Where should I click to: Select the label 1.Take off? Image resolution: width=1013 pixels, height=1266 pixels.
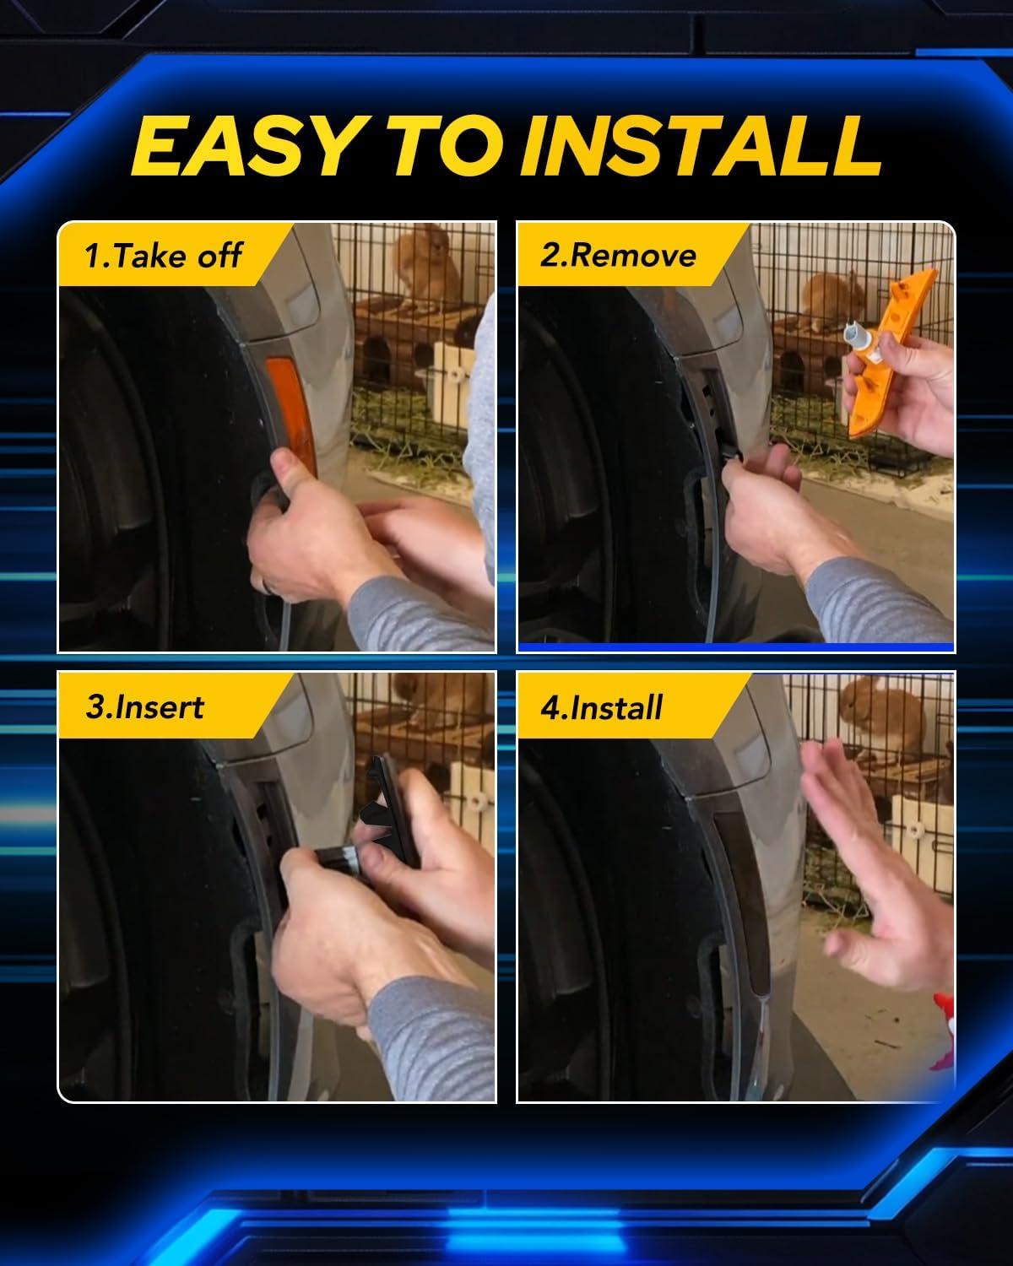(163, 256)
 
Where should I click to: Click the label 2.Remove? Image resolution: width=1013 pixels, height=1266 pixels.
(618, 256)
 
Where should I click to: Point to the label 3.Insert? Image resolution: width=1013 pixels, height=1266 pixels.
(145, 706)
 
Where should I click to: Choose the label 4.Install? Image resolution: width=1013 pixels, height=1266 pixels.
(602, 706)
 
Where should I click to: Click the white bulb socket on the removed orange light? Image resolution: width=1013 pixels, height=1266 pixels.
(860, 340)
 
